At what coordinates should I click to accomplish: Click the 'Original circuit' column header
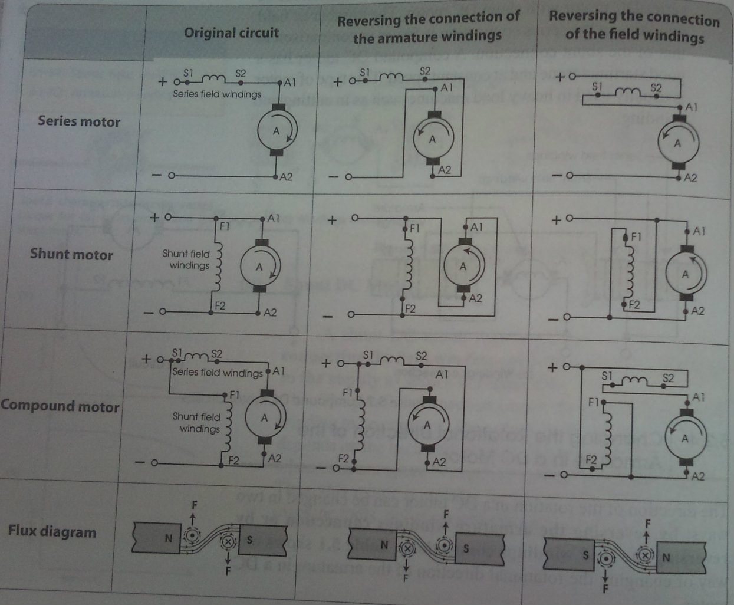(x=231, y=32)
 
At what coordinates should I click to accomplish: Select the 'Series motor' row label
(x=79, y=121)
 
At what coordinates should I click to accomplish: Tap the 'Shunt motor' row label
(x=71, y=254)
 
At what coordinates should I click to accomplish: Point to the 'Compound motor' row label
(x=60, y=406)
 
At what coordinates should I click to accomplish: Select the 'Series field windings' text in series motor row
(x=216, y=94)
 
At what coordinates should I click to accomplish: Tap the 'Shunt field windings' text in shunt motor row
(x=186, y=259)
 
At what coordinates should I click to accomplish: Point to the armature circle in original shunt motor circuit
(x=259, y=267)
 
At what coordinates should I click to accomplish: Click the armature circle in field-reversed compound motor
(x=684, y=438)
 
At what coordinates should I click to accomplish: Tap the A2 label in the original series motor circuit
(x=285, y=177)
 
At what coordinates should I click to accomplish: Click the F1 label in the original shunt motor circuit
(x=225, y=226)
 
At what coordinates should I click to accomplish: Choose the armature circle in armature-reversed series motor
(x=433, y=140)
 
